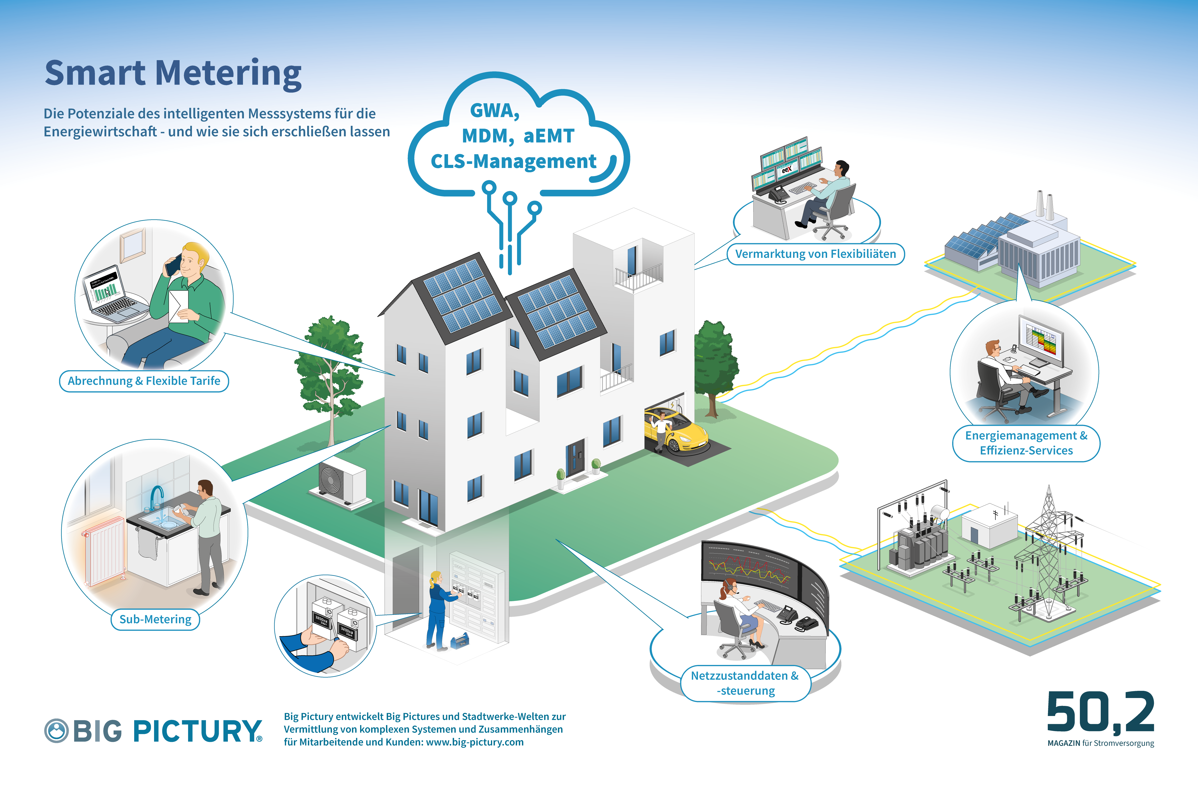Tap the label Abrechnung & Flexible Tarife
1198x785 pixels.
(x=144, y=381)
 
